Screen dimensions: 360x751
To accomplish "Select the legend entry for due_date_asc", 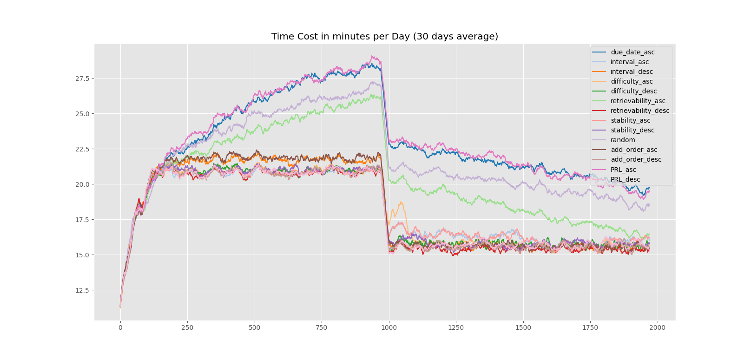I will [x=632, y=52].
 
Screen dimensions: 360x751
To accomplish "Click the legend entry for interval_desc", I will [x=631, y=72].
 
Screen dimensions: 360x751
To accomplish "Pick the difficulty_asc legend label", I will [x=631, y=81].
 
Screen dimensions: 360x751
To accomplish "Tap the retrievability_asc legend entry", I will [x=638, y=101].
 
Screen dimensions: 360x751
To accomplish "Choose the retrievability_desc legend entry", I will [x=639, y=111].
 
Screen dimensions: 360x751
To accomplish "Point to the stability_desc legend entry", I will [x=632, y=130].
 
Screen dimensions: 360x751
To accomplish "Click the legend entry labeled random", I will [x=622, y=140].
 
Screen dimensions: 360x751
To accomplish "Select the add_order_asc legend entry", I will [x=633, y=150].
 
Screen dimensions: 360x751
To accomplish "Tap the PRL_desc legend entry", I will [x=625, y=179].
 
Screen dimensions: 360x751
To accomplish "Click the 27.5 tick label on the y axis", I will [x=85, y=79].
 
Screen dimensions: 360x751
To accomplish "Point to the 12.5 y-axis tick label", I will [x=85, y=290].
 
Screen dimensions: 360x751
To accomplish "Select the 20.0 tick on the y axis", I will [x=85, y=184].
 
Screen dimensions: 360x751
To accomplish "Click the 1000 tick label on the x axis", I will [x=389, y=328].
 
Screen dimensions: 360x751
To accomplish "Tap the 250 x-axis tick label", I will [x=187, y=328].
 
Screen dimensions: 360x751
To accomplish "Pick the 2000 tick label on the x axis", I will [x=657, y=328].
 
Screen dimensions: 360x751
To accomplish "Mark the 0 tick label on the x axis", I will [x=120, y=328].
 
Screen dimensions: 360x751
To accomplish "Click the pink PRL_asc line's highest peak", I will [x=372, y=56].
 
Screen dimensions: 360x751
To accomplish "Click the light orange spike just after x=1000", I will [x=401, y=203].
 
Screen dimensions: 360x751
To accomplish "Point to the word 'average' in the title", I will [x=479, y=37].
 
